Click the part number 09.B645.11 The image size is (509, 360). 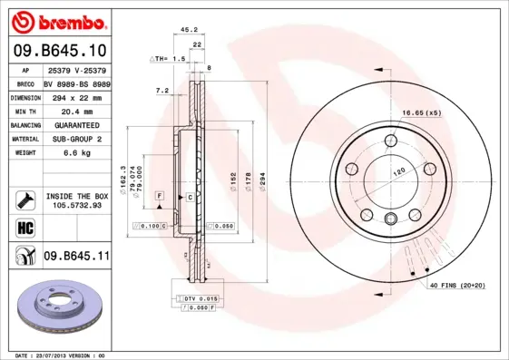coord(76,258)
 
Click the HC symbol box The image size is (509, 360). coord(24,226)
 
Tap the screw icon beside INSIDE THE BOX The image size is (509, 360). coord(24,199)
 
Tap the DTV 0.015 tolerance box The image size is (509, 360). coord(197,298)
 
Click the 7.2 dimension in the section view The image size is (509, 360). coord(162,91)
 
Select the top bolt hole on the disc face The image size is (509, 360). coord(390,140)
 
